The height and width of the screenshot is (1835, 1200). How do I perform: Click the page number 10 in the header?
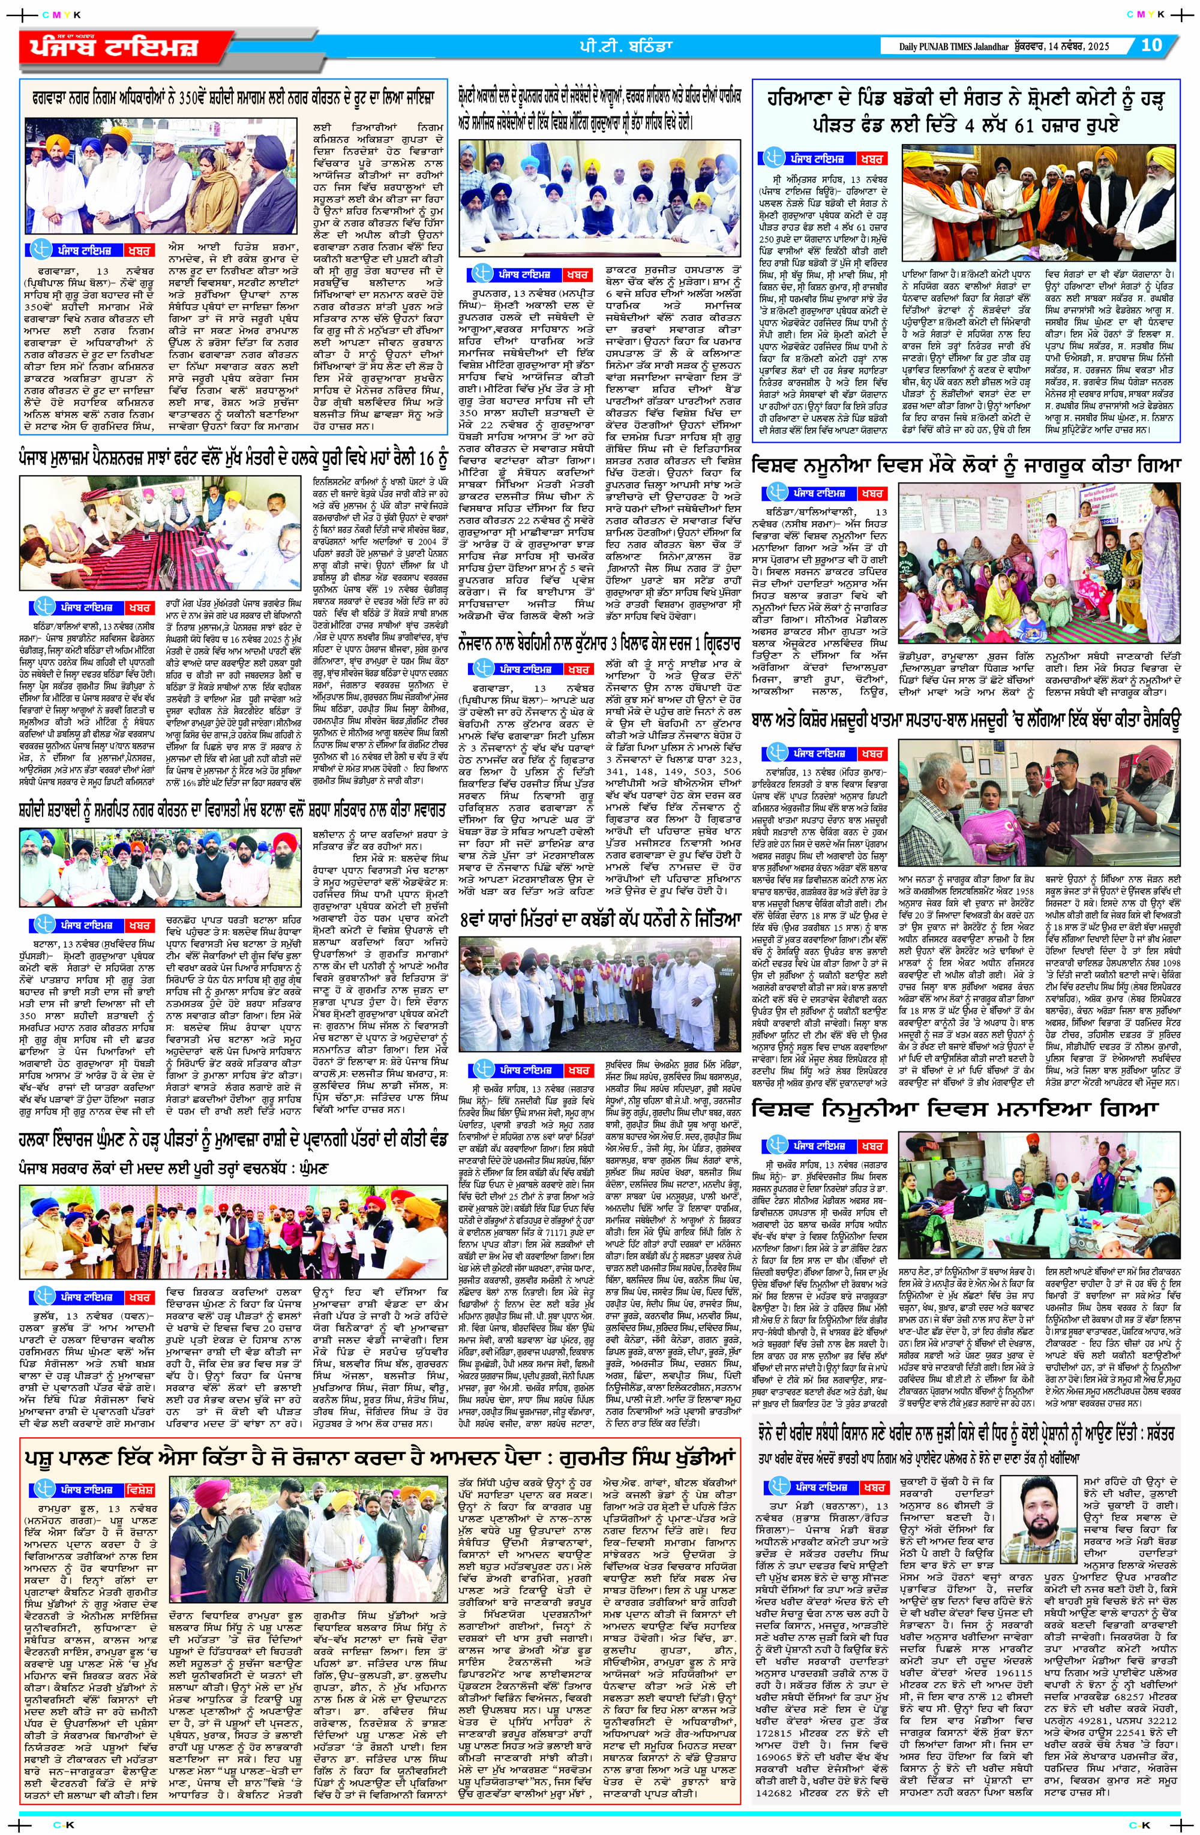click(x=1151, y=45)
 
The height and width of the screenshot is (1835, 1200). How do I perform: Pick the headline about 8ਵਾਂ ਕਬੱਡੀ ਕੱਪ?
click(x=597, y=920)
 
